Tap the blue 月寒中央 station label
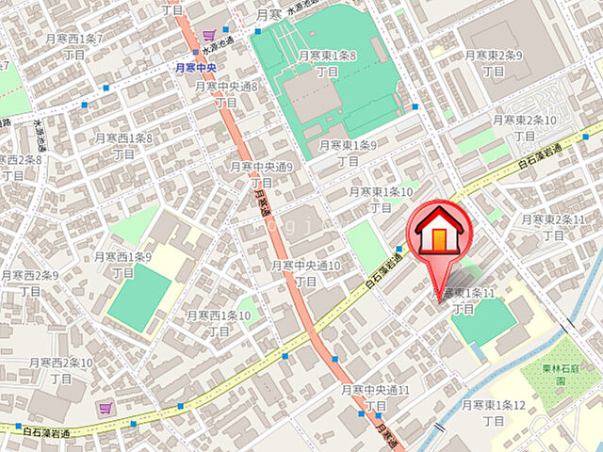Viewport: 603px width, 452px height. point(197,68)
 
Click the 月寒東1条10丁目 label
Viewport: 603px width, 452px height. point(381,199)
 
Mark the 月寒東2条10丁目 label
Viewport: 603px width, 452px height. point(525,128)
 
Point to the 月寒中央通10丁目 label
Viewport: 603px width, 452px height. point(307,273)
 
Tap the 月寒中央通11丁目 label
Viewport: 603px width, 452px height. point(375,396)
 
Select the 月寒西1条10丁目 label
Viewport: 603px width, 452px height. point(219,322)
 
